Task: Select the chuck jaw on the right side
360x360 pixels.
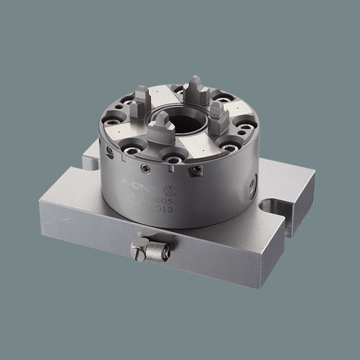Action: click(x=219, y=116)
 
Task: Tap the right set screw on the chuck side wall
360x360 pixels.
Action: click(x=197, y=170)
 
